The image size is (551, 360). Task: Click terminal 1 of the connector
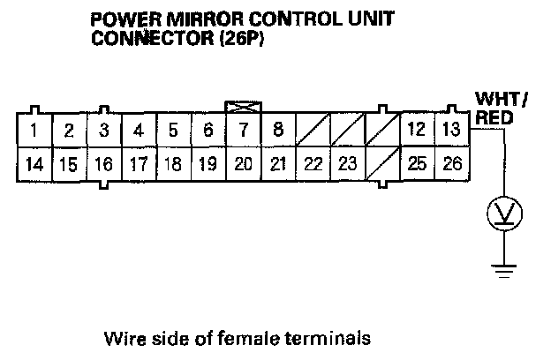pos(33,131)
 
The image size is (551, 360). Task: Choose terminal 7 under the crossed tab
pos(243,131)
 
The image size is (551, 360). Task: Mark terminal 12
pos(417,131)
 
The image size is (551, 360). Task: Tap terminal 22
pos(313,163)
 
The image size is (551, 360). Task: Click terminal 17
pos(138,163)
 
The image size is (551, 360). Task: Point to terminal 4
pos(138,131)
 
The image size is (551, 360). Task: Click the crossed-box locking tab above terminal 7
pos(243,106)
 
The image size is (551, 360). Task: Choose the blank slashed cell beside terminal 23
pos(381,163)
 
